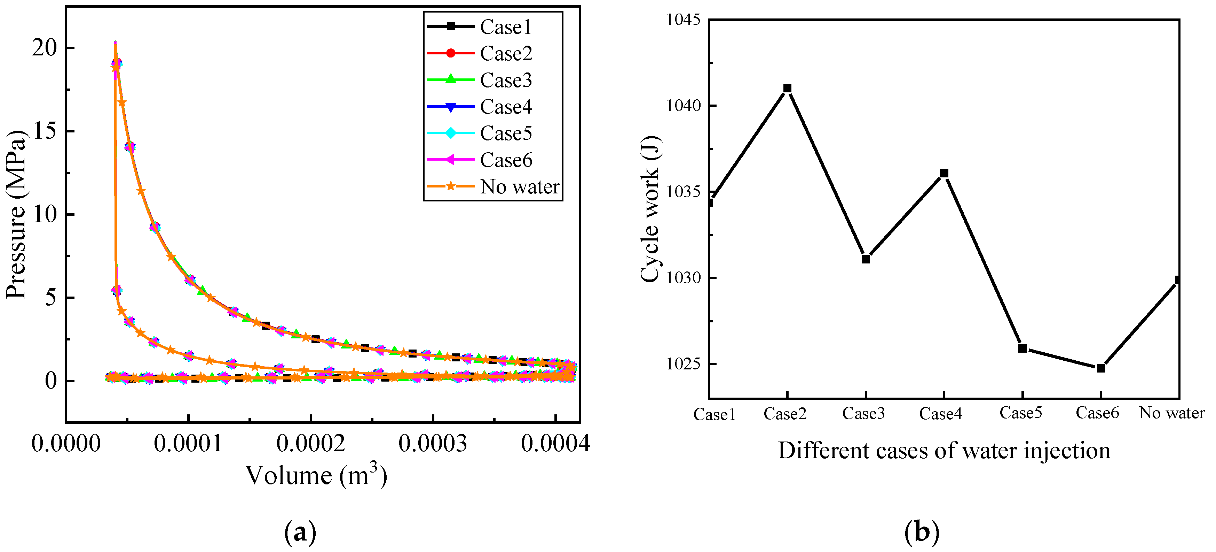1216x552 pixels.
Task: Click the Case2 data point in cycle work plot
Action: [787, 89]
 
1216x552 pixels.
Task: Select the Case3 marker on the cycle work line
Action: [865, 259]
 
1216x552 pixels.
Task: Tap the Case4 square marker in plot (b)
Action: [943, 174]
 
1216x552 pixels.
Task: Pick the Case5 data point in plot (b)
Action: [1022, 348]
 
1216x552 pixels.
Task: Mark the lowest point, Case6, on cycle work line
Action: [1100, 368]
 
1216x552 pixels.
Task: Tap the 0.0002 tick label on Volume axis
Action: [310, 444]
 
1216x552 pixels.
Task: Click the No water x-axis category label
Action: [1172, 413]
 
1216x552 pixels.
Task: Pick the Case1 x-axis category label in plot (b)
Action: [714, 414]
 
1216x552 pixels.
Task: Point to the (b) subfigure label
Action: [922, 532]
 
